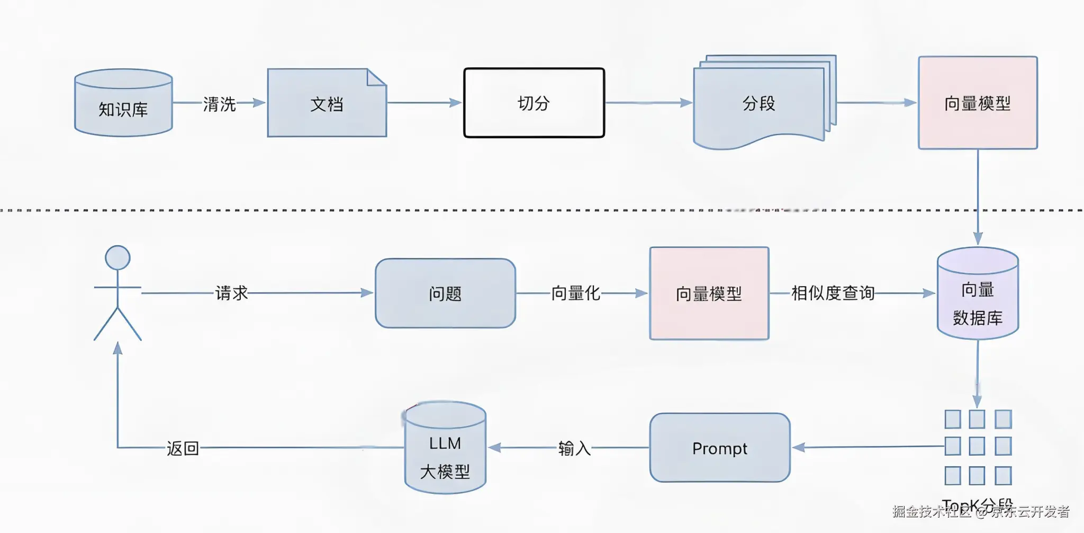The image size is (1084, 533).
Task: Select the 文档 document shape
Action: [327, 103]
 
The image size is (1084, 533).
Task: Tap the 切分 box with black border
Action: [534, 103]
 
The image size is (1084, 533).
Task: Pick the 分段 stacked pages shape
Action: [759, 103]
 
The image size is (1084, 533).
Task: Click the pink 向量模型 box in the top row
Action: [978, 103]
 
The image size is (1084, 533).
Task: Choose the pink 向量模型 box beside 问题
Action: [709, 293]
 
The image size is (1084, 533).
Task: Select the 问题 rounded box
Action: [445, 293]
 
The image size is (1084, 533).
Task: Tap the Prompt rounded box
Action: [720, 448]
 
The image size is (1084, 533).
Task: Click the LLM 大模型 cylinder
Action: [445, 456]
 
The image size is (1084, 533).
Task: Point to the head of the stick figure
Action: [118, 258]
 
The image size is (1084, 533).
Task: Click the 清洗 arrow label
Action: [219, 104]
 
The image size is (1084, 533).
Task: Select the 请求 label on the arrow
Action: [231, 293]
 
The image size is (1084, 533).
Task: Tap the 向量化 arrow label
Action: [575, 293]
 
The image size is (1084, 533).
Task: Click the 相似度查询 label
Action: [833, 293]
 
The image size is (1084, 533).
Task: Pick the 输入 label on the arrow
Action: [574, 449]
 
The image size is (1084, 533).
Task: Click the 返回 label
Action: [183, 449]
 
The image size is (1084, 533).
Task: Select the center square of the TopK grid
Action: [977, 446]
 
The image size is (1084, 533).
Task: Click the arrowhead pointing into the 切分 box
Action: [456, 103]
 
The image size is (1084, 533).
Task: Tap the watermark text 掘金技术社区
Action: [932, 511]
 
